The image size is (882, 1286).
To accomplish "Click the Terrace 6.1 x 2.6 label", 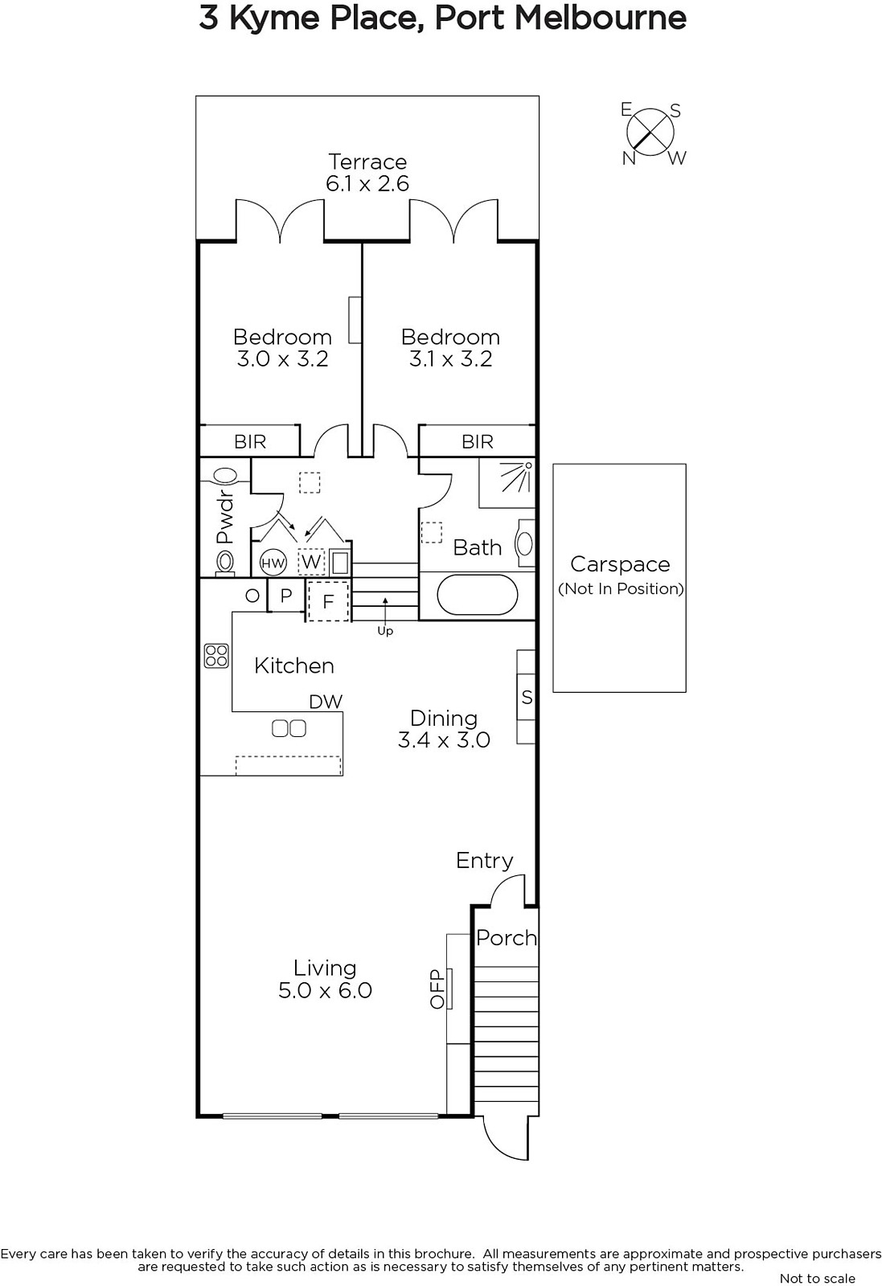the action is tap(367, 172).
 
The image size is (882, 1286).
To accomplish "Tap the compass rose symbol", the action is tap(650, 133).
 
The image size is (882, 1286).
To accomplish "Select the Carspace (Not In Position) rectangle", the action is tap(619, 578).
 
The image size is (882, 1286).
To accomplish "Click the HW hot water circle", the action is tap(273, 563).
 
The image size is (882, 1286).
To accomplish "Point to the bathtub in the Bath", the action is tap(477, 595).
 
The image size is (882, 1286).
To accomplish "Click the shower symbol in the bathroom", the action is tap(516, 477).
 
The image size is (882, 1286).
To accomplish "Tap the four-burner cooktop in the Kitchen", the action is tap(216, 656).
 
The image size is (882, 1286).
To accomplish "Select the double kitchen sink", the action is tap(289, 728).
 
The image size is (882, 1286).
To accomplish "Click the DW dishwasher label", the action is tap(326, 701).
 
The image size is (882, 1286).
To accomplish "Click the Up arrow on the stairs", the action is tap(385, 610).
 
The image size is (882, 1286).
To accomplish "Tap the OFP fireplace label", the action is tap(437, 989).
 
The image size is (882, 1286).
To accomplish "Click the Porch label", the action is tap(507, 938).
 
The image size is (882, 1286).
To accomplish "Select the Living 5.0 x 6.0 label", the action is tap(325, 979).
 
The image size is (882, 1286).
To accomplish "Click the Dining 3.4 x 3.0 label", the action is tap(444, 728).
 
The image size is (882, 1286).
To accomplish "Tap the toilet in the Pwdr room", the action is tap(225, 563).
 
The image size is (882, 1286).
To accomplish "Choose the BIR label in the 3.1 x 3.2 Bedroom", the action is tap(477, 441).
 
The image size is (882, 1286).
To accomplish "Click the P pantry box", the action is tap(286, 596).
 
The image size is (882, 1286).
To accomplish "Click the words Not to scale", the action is tap(817, 1278).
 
